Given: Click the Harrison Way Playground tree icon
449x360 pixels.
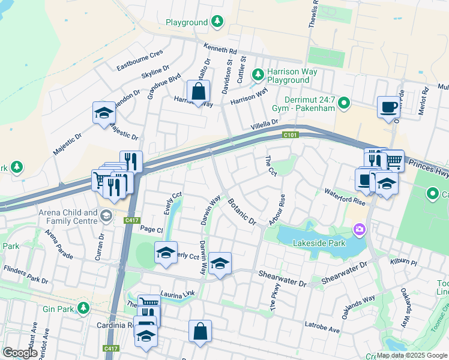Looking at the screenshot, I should [258, 74].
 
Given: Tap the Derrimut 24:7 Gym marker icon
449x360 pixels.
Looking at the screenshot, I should [344, 104].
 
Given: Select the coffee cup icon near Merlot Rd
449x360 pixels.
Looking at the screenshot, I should [388, 107].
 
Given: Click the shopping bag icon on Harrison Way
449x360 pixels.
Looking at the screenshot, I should [198, 92].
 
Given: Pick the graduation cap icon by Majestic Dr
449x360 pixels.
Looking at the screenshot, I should [104, 112].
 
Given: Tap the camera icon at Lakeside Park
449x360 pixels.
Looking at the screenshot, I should [360, 229].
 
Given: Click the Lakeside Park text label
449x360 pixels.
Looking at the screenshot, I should [319, 243].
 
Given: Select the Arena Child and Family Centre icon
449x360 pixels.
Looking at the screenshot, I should [106, 215].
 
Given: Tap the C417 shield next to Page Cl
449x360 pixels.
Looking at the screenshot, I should [133, 221].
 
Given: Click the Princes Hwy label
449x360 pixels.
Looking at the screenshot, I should [429, 167].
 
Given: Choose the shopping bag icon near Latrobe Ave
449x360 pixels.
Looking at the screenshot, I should [200, 331].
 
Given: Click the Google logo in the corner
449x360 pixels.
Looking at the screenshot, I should [20, 353].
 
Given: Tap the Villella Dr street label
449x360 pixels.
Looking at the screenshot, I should [265, 124].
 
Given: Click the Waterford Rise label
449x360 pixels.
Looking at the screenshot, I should [345, 197].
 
